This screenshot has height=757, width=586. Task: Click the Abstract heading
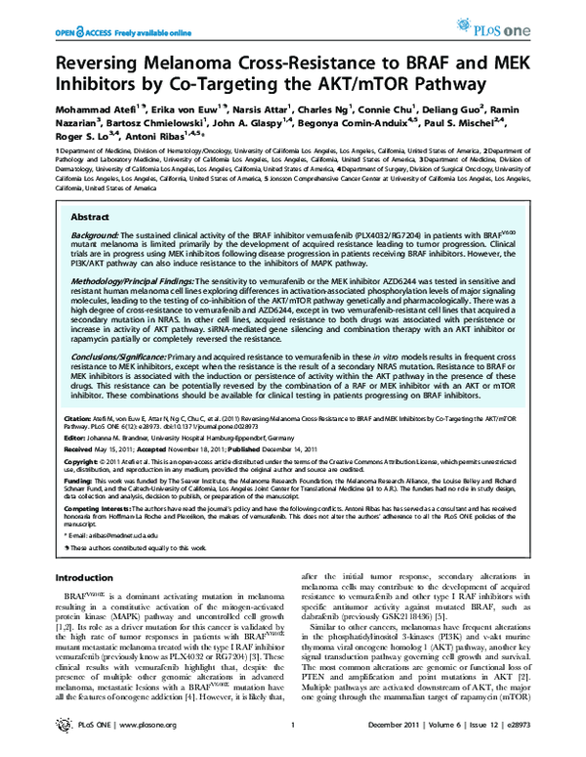[x=91, y=216]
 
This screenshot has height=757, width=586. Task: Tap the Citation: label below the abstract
[x=79, y=416]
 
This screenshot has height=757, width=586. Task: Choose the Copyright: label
[x=82, y=459]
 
